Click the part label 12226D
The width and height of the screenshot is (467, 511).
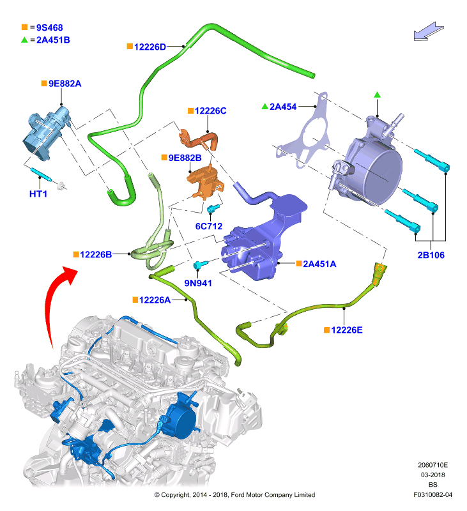tap(150, 47)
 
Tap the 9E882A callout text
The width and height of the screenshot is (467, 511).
tap(65, 84)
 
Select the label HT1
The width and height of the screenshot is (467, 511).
tap(38, 194)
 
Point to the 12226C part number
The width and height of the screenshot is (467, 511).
tap(211, 111)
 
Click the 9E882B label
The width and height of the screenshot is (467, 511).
tap(185, 158)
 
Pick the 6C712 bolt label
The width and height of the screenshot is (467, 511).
tap(208, 226)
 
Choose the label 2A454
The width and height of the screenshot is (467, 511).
tap(283, 107)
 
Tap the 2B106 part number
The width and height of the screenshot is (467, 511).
tap(431, 255)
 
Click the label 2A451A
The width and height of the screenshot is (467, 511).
tap(319, 264)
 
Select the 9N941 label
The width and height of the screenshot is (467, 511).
tap(198, 283)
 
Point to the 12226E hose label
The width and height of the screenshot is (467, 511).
tap(347, 330)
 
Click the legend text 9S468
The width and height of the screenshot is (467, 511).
tap(50, 27)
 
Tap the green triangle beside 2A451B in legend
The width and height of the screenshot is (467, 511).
tap(24, 40)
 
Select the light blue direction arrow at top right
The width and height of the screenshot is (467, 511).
tap(428, 31)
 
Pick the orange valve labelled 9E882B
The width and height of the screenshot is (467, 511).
tap(204, 181)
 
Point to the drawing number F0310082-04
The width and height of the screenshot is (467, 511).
tap(433, 494)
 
